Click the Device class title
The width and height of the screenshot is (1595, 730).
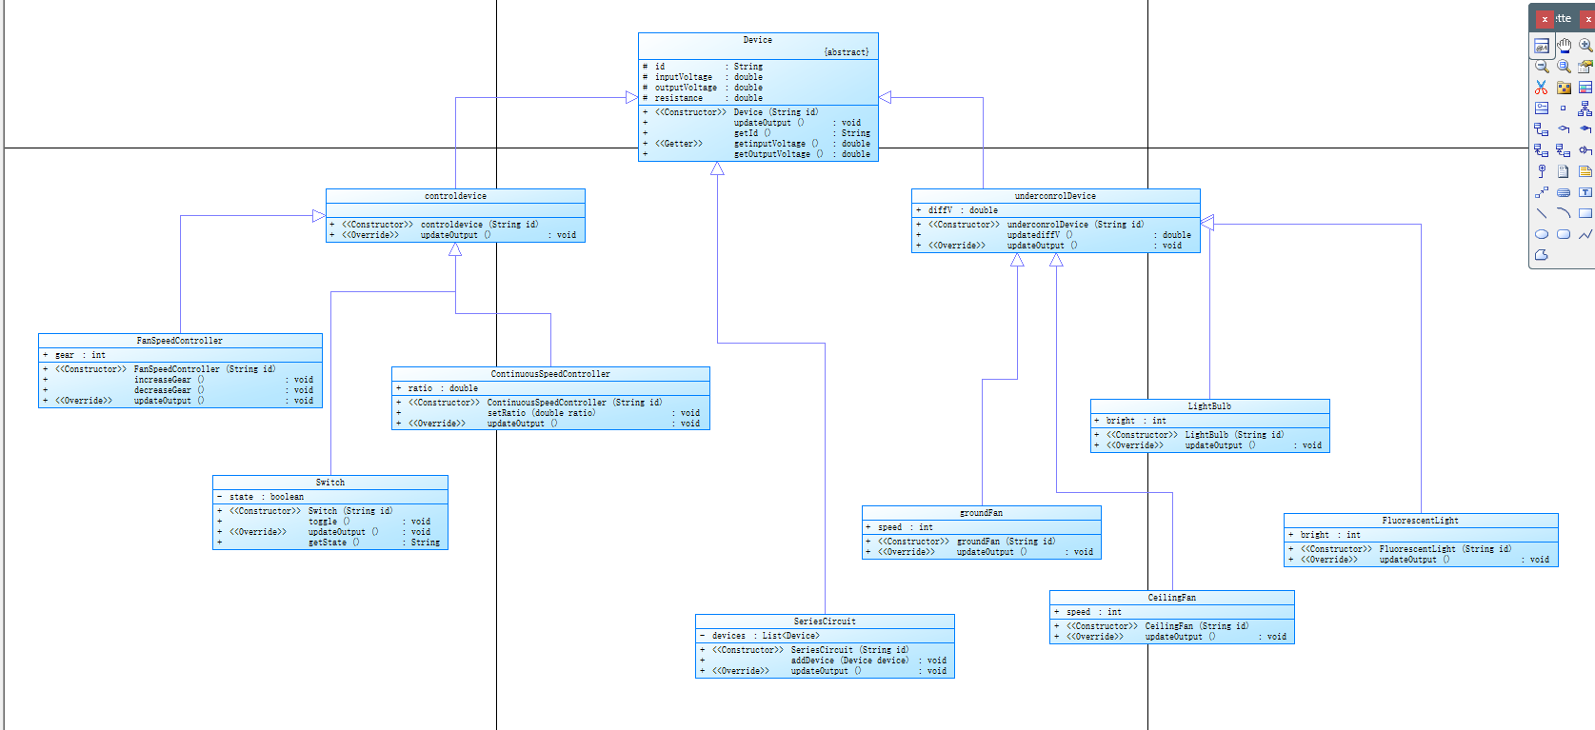(757, 40)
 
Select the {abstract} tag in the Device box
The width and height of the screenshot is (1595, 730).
(846, 52)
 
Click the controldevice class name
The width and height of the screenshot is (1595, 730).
(455, 196)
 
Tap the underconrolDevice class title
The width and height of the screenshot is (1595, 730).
(1055, 196)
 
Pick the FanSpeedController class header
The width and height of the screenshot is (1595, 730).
(180, 341)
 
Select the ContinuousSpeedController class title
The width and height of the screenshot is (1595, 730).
(550, 374)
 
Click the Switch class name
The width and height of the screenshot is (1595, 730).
(330, 483)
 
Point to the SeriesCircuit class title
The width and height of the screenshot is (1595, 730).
(825, 621)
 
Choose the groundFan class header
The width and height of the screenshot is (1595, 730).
(981, 513)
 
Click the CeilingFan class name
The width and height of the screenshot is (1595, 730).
(1171, 598)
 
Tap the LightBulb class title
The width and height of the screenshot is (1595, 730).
(1209, 406)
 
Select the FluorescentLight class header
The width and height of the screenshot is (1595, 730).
(1420, 521)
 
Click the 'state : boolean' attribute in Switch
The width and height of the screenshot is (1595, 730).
(266, 497)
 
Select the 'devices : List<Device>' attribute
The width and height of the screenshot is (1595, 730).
(765, 636)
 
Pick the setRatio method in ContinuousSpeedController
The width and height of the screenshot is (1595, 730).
(541, 413)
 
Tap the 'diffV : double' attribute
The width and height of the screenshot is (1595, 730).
(963, 210)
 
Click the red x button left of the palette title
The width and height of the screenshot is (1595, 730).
(1545, 19)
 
